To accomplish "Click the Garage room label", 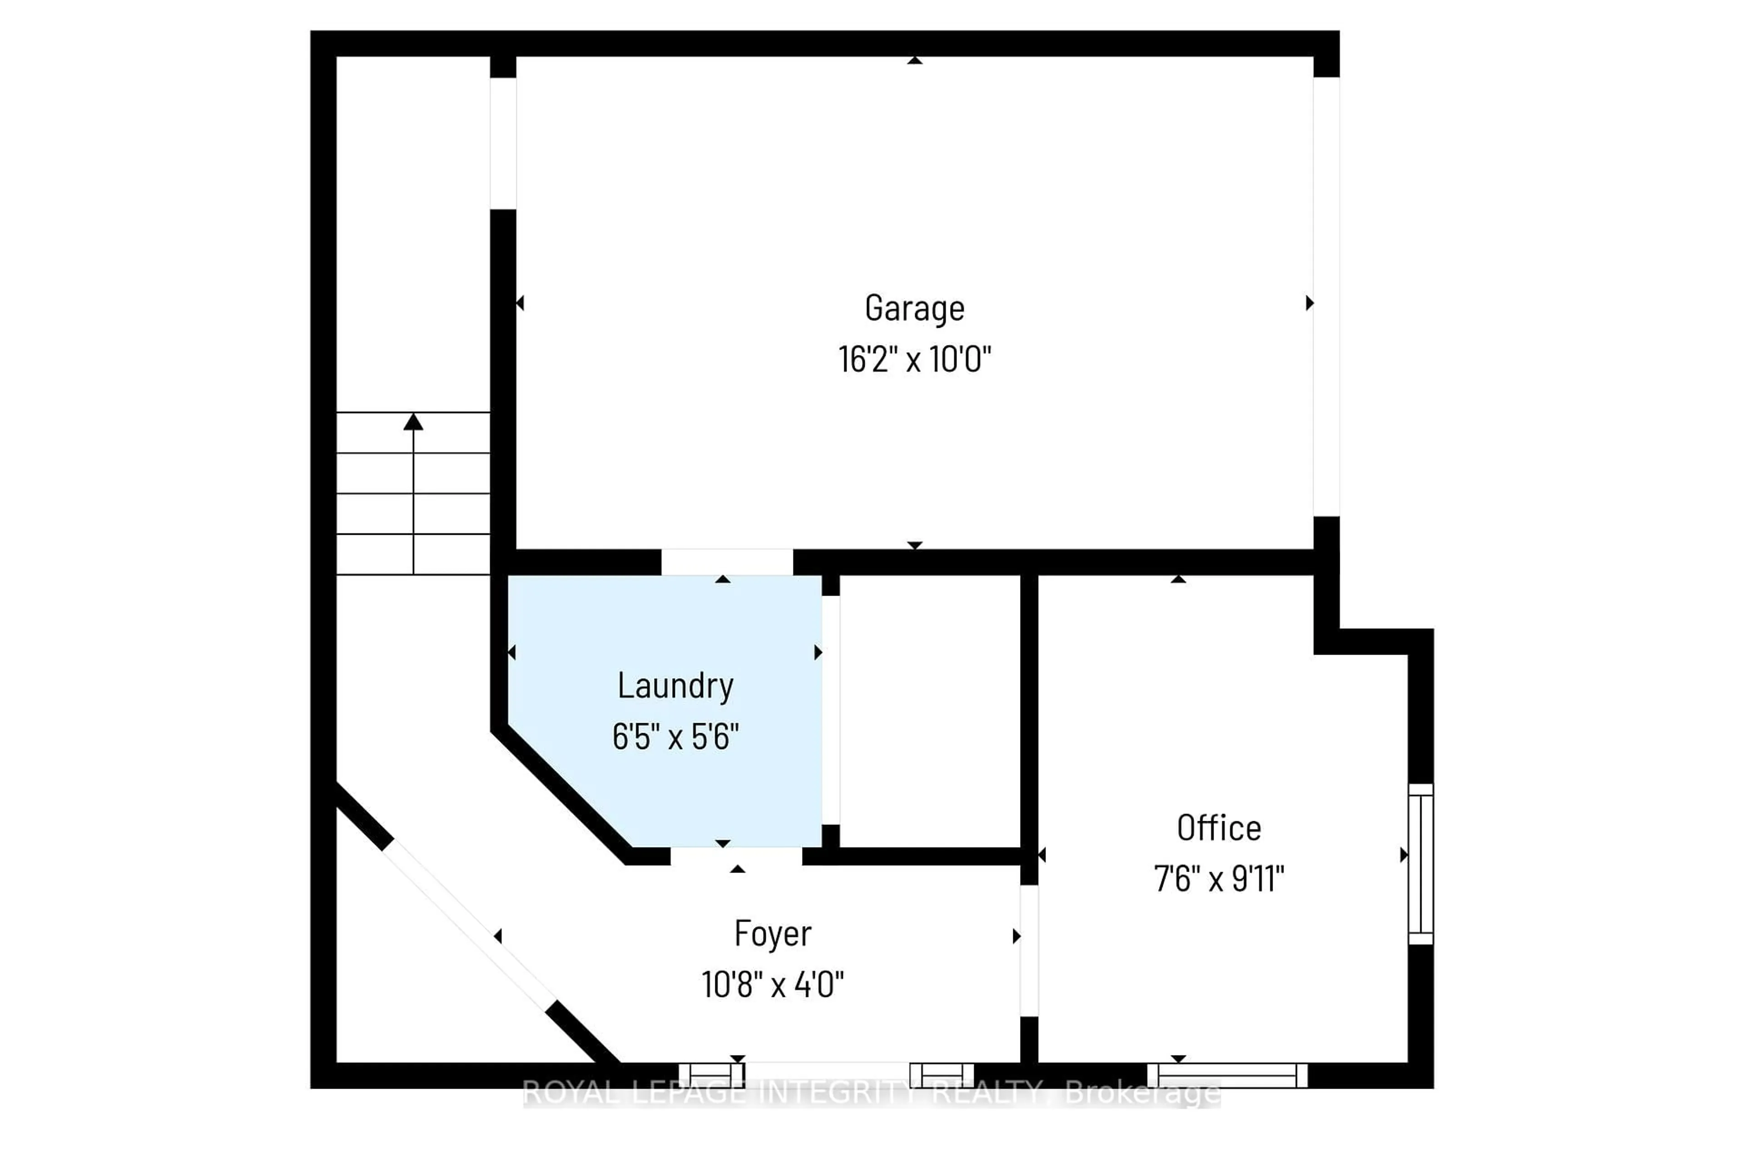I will tap(914, 308).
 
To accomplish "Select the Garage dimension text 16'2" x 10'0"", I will tap(914, 360).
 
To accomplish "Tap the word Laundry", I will tap(675, 686).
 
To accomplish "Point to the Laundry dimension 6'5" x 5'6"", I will tap(675, 736).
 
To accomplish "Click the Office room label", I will tap(1219, 828).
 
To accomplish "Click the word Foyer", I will tap(772, 933).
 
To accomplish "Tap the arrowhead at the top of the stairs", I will tap(413, 422).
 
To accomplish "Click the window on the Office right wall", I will tap(1420, 864).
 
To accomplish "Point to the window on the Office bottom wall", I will tap(1227, 1075).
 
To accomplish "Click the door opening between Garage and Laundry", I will tap(727, 562).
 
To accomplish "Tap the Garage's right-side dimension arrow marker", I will tap(1309, 302).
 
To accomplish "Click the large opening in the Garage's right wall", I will tap(1326, 296).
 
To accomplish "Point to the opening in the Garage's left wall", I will tap(503, 143).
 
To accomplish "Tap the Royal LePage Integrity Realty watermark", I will tap(872, 1093).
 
